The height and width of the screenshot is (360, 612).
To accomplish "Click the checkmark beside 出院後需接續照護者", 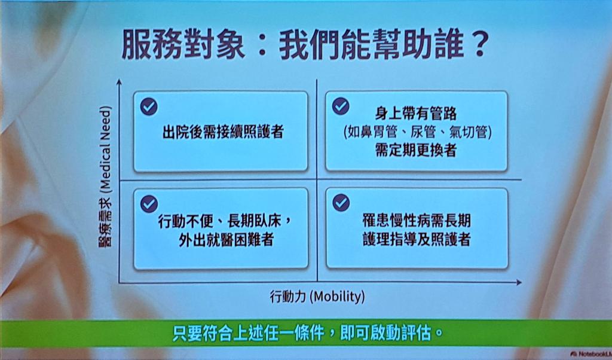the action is click(x=149, y=106).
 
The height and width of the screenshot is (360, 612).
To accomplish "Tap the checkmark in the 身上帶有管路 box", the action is click(x=341, y=106).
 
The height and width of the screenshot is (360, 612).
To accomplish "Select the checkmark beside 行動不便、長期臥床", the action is click(x=149, y=203).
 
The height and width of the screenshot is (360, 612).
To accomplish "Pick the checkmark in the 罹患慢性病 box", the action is click(x=341, y=202).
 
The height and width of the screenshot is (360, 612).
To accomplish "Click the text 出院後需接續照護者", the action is click(x=223, y=132).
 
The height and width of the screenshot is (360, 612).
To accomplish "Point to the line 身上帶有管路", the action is click(x=416, y=114).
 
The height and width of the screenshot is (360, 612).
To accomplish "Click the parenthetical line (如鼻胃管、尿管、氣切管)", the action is click(x=417, y=132).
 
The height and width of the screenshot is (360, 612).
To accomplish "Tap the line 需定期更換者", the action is click(x=416, y=150).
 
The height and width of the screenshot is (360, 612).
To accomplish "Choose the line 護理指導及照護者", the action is click(x=417, y=239).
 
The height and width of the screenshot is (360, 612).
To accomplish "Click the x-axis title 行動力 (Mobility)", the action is click(x=317, y=297).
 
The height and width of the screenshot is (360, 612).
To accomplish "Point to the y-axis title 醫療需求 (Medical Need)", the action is click(x=105, y=176).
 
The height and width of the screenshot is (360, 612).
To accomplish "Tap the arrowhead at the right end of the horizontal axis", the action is click(x=519, y=282).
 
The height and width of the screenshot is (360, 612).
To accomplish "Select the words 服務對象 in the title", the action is click(x=183, y=45).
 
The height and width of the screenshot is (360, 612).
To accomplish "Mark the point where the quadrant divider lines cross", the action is click(x=317, y=180).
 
